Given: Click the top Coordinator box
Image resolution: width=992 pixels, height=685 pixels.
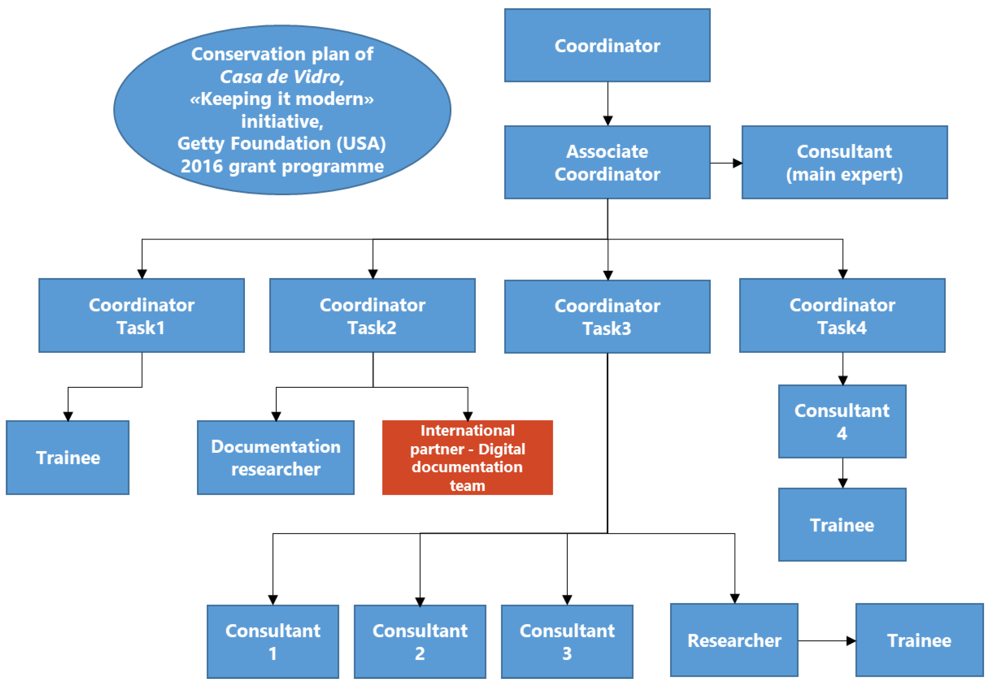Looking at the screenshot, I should coord(607,45).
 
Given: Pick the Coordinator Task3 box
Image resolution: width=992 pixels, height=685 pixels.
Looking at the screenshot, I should coord(607,317).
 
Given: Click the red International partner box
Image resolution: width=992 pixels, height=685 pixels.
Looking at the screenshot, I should coord(467,458).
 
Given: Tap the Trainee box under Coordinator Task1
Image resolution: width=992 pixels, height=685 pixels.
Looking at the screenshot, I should coord(67,458).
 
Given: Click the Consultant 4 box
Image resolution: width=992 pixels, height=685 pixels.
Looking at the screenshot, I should coord(842,422).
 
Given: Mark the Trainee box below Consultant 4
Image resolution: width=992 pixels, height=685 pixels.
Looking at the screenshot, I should coord(842,524).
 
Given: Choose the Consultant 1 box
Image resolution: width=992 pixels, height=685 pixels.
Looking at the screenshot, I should coord(273,642).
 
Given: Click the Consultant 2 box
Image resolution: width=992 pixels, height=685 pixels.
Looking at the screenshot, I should coord(420,642).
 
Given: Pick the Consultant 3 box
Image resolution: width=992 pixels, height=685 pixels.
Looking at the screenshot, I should coord(567,642).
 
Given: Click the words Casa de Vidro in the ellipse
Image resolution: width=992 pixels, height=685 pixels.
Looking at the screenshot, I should coord(282,77).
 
